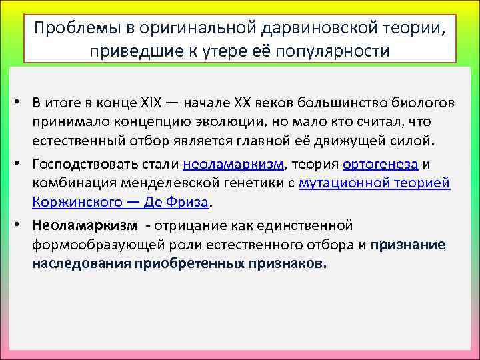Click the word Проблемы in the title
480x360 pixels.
point(67,29)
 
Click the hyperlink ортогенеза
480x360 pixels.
point(380,165)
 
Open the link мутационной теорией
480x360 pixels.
point(375,183)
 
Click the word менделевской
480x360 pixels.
point(173,183)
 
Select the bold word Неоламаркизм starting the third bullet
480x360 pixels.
point(84,225)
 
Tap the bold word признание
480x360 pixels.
point(408,244)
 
